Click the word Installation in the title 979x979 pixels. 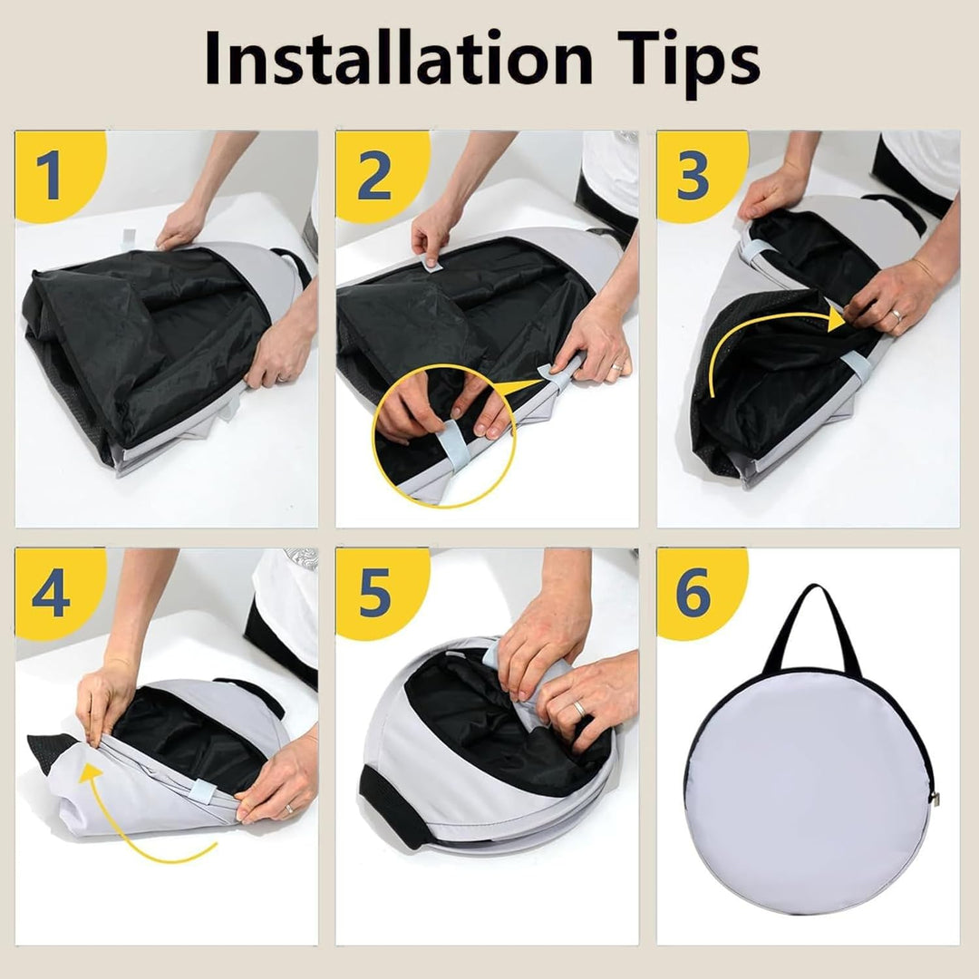[x=398, y=57]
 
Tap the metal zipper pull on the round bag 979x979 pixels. [x=935, y=798]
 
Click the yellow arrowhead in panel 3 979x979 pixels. [x=836, y=320]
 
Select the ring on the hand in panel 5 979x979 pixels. [x=578, y=709]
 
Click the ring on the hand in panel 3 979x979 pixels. [x=896, y=315]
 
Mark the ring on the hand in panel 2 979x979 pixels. [x=616, y=366]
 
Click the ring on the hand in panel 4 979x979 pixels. [x=290, y=809]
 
